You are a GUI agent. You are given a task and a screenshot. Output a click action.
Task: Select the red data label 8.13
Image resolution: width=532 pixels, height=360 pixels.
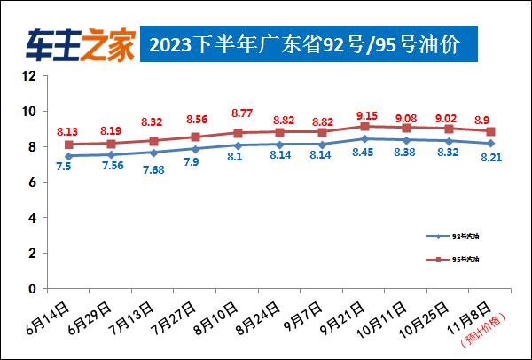tap(68, 131)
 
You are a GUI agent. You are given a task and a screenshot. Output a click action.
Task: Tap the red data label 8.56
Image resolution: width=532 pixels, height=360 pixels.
tap(196, 119)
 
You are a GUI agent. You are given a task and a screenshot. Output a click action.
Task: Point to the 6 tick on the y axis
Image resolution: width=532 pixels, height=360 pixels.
tap(32, 183)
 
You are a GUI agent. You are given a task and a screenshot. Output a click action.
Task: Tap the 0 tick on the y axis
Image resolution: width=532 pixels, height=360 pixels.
tap(32, 289)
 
